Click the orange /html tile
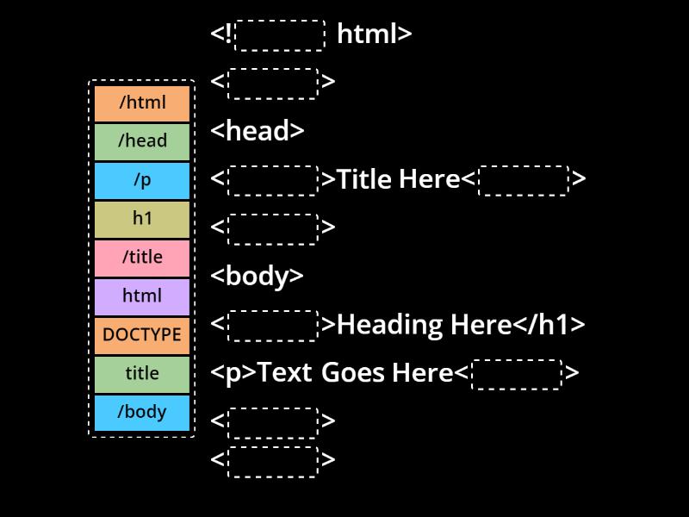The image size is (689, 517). point(142,103)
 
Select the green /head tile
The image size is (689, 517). point(142,141)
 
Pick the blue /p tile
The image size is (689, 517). point(142,180)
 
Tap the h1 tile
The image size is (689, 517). point(142,219)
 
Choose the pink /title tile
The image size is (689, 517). point(142,258)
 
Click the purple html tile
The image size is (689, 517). point(142,296)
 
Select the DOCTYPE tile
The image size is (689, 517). point(142,335)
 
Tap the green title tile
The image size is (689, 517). point(142,374)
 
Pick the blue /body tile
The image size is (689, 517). point(142,412)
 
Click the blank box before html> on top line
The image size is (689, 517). point(280,35)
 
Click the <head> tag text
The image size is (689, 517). point(258,131)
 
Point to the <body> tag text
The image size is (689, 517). point(257,276)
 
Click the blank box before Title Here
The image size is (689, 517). point(274,180)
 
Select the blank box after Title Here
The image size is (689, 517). point(524,180)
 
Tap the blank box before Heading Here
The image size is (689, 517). point(274,326)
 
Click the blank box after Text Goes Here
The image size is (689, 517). point(517,374)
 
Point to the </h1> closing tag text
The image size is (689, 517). point(549,325)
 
